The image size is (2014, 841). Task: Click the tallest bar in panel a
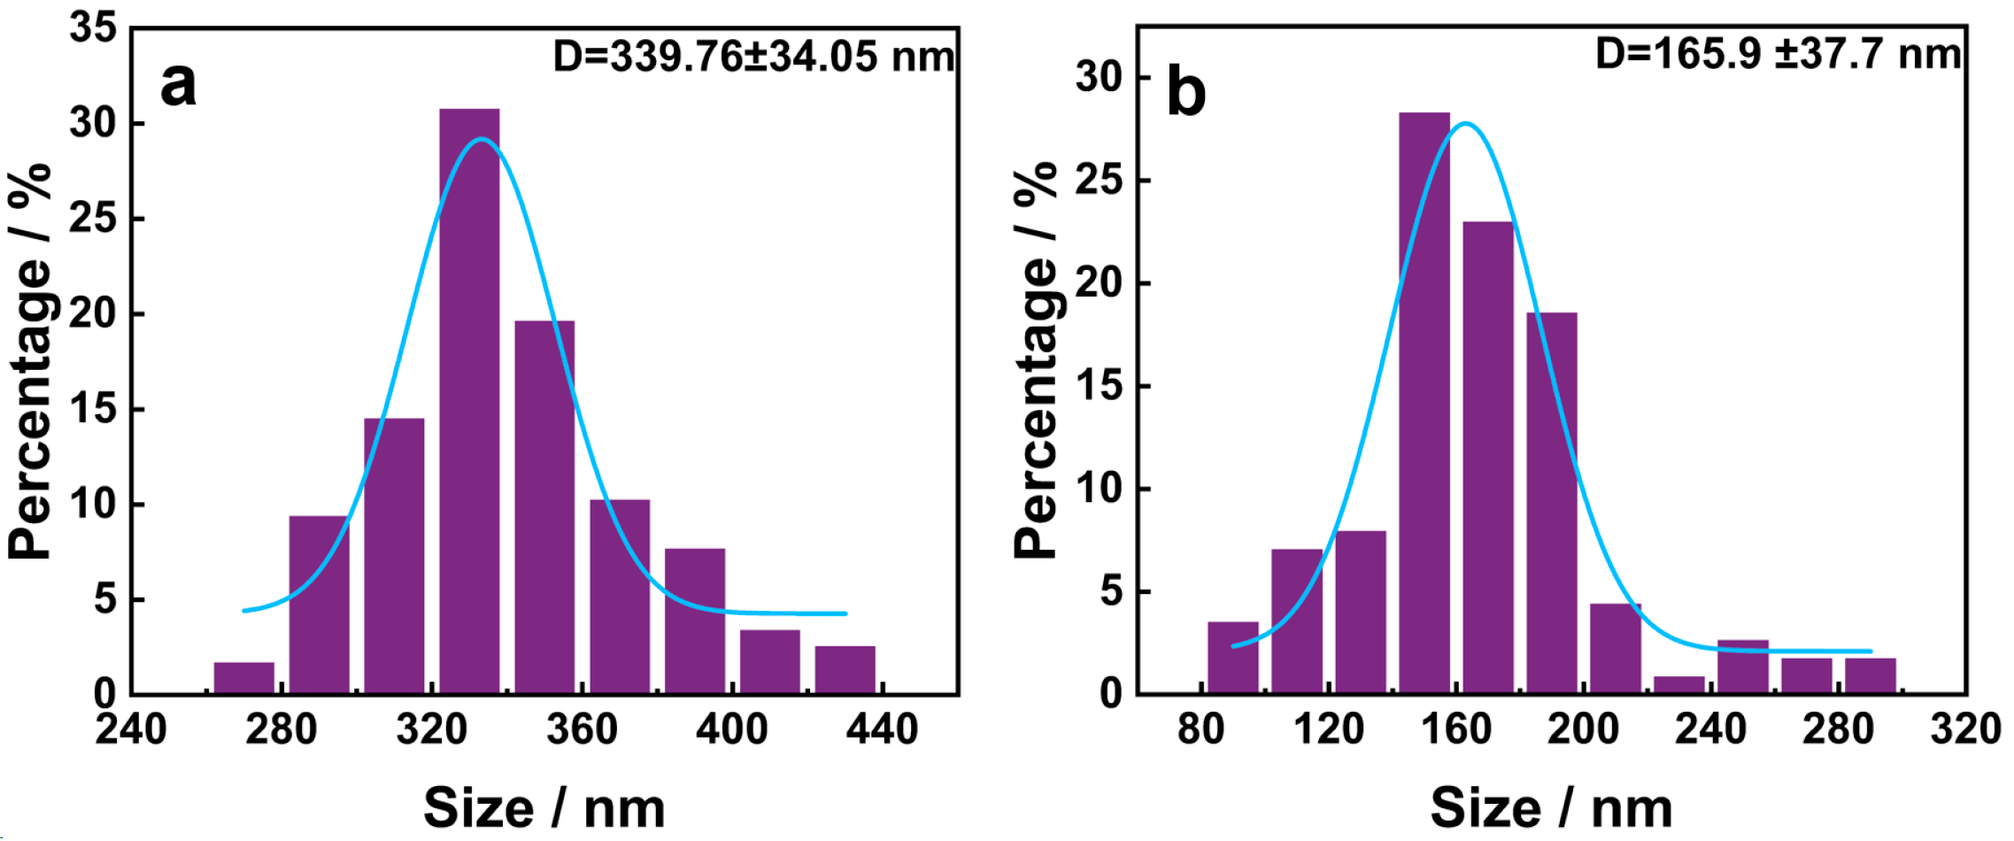(469, 398)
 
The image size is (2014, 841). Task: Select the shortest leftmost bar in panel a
(244, 677)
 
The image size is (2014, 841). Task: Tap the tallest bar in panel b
(1424, 398)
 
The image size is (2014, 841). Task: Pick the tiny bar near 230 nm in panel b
(1679, 684)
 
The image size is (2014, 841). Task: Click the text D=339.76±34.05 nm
(753, 57)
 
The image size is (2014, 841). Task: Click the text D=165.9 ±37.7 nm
(1778, 54)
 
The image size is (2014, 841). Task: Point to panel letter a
(178, 86)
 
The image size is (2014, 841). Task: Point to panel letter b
(1186, 91)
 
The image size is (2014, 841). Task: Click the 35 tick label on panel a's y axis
(94, 27)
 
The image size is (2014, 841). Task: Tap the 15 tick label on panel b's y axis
(1100, 386)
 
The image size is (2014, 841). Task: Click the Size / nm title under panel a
(544, 807)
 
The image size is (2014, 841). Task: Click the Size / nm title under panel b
(1551, 807)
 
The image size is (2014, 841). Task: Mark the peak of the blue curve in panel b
(1466, 123)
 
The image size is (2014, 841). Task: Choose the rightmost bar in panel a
(845, 670)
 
